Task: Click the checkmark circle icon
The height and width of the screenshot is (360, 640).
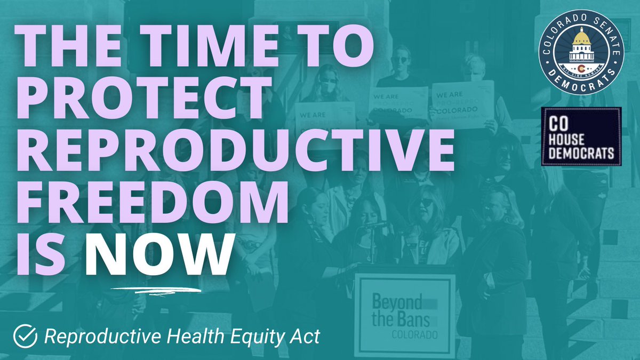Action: tap(25, 335)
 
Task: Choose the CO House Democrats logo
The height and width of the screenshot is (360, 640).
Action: tap(581, 137)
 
